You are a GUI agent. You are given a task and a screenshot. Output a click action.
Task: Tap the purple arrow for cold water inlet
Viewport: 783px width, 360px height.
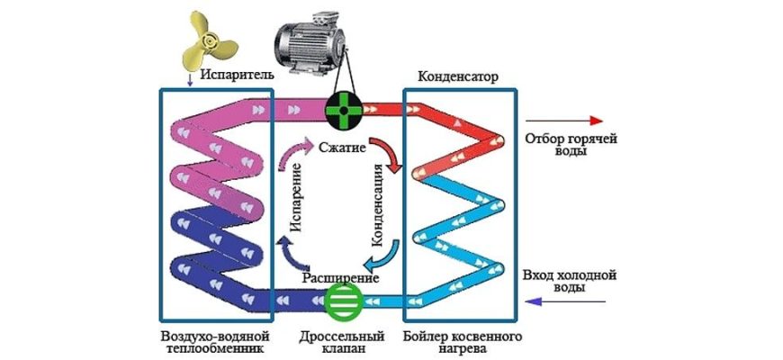(x=562, y=303)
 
